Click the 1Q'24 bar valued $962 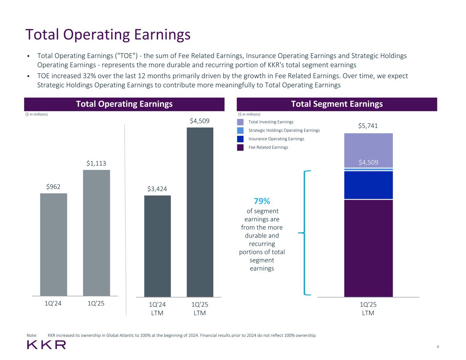pos(54,244)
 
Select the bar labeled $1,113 pos(96,233)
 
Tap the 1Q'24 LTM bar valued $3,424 pos(157,246)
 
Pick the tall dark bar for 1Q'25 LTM pos(200,212)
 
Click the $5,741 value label pos(368,126)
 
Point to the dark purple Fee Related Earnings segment pos(368,248)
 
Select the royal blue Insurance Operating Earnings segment pos(368,185)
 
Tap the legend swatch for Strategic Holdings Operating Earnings pos(240,130)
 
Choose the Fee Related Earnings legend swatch pos(240,147)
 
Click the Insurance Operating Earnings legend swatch pos(240,139)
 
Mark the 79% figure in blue pos(262,201)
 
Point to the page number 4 pos(438,347)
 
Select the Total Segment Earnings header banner pos(337,104)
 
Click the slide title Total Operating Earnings pos(108,34)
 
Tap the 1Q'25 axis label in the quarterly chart pos(96,303)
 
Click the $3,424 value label pos(157,189)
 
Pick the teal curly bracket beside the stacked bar pos(305,233)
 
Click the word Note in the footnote pos(32,335)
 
